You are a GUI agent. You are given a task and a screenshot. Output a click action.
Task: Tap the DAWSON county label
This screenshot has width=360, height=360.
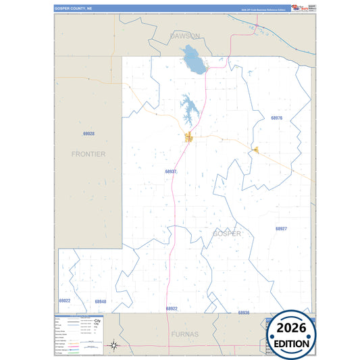click(185, 35)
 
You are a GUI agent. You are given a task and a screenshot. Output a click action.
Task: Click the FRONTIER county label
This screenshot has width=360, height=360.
click(88, 154)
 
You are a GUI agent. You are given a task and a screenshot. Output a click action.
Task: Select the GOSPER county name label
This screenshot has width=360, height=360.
click(226, 234)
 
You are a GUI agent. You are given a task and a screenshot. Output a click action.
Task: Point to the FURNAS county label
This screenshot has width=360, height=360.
click(184, 334)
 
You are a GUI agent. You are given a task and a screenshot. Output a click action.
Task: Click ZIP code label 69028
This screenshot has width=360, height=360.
click(88, 134)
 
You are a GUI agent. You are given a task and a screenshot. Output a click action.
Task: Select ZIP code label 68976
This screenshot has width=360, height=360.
click(276, 118)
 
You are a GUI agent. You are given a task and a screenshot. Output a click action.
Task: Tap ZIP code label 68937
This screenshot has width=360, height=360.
click(171, 172)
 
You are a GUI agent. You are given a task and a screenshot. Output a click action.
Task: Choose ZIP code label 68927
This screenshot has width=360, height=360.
click(282, 229)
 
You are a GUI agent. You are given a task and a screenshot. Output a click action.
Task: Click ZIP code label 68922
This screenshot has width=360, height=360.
click(172, 308)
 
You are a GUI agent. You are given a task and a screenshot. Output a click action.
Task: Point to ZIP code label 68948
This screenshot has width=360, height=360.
click(101, 301)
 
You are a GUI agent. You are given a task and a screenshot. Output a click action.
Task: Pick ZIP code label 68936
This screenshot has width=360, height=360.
click(244, 313)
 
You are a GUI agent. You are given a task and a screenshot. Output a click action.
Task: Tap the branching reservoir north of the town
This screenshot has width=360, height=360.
click(188, 109)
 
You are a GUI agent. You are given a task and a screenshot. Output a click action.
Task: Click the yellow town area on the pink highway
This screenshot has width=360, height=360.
click(190, 138)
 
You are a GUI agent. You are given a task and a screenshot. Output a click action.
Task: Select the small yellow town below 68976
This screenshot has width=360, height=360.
click(255, 150)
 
